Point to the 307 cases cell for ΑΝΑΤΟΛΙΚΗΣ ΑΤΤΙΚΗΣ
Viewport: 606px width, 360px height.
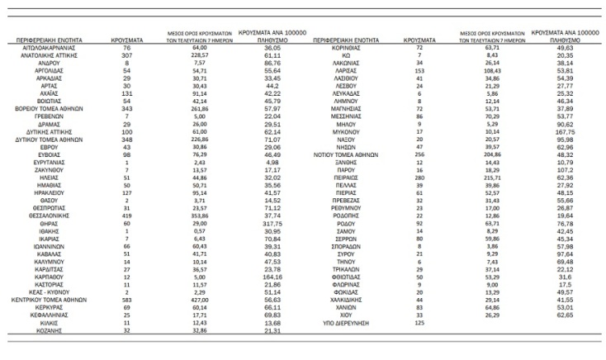127,56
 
